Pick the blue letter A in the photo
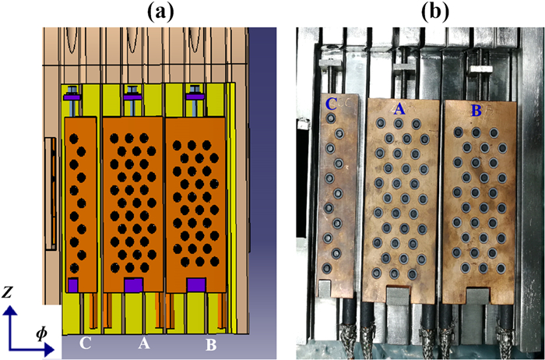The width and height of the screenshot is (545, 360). coord(399,111)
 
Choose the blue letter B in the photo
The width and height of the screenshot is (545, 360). coord(475,111)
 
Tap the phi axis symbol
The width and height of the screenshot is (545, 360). coord(40,334)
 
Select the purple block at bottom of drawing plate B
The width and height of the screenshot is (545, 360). coord(195,284)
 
